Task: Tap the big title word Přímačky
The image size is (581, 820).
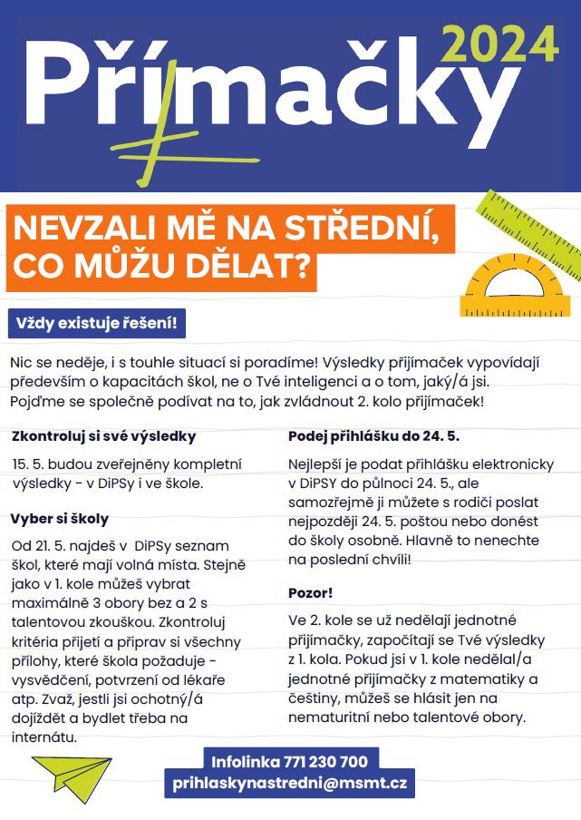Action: (x=263, y=86)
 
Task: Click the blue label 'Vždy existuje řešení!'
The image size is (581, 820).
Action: (x=96, y=323)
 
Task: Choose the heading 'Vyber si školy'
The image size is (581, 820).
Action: (x=60, y=519)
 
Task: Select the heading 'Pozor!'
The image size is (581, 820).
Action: (x=311, y=592)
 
